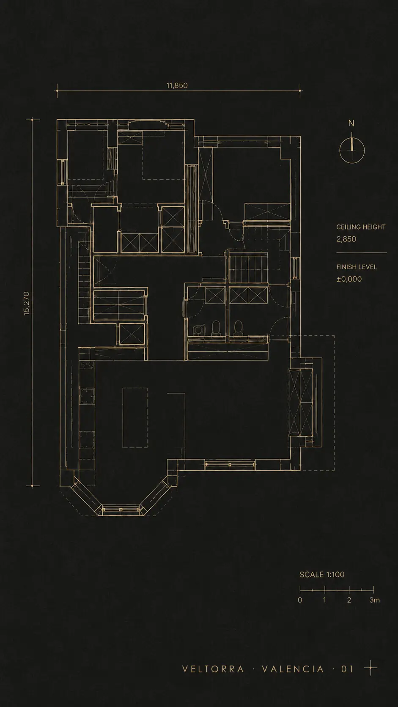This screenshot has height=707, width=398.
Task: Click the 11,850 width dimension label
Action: (x=177, y=85)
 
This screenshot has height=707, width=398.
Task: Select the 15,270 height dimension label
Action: (x=27, y=303)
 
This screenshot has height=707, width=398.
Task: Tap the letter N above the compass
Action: (x=351, y=123)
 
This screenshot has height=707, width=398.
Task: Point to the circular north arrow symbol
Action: (x=352, y=151)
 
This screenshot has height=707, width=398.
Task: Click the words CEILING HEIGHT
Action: (x=361, y=227)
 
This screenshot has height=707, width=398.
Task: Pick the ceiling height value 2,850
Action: (x=346, y=239)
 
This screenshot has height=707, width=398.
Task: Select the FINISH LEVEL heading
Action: (x=357, y=267)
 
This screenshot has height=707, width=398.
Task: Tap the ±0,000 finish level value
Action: (x=349, y=279)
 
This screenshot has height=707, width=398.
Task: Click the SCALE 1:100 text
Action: (x=322, y=574)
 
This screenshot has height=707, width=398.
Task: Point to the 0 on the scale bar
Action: (x=300, y=600)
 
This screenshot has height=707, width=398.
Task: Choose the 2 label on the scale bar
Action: (x=349, y=600)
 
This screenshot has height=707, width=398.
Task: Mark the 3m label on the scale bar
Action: (x=375, y=600)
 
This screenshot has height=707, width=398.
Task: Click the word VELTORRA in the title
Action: (x=213, y=669)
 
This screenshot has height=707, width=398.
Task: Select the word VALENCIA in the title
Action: (x=293, y=669)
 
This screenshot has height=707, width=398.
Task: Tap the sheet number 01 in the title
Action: (x=347, y=669)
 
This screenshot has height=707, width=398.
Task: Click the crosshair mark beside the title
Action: (x=371, y=668)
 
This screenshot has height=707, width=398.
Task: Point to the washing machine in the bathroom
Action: (x=198, y=330)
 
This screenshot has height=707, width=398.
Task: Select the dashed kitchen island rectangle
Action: (x=135, y=418)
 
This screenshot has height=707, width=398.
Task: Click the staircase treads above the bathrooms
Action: (x=248, y=269)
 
